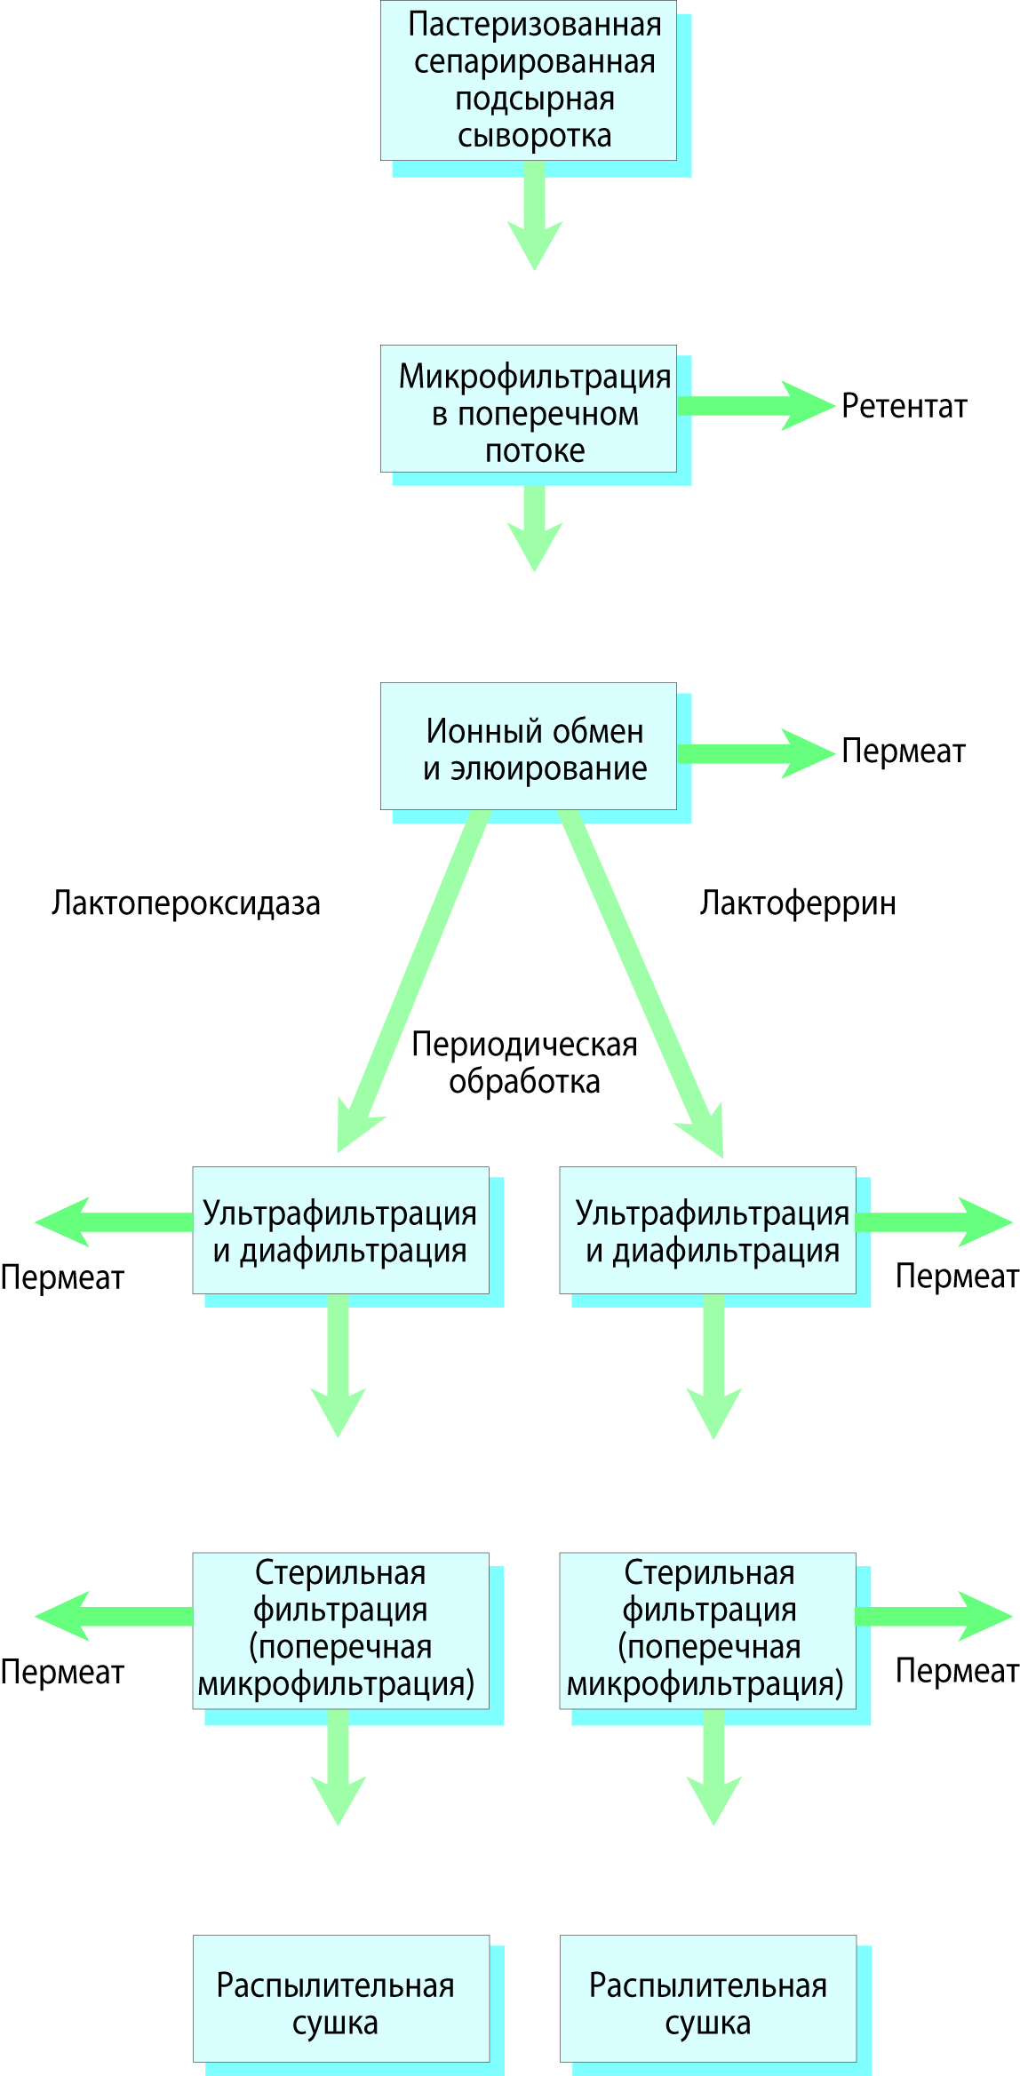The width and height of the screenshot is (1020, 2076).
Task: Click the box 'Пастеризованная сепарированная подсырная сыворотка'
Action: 529,81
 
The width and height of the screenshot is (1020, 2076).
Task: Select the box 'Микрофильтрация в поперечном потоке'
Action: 529,410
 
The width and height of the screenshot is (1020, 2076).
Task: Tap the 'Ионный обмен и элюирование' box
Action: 529,747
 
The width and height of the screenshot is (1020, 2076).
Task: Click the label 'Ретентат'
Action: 904,406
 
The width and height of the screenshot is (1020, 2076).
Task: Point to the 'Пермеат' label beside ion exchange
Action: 903,752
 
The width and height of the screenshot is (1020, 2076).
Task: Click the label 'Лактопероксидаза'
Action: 186,903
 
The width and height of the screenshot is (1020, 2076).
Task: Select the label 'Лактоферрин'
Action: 797,903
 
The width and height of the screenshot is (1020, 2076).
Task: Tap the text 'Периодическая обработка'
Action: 524,1062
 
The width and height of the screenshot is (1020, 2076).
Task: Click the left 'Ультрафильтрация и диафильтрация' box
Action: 341,1230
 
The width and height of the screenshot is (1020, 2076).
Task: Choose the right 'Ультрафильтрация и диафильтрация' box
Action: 708,1230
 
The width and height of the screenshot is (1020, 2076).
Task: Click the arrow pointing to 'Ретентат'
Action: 755,406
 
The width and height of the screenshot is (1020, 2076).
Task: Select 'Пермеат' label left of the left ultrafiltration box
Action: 62,1277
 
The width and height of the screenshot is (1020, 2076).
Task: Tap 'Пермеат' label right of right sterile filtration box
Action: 956,1671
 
